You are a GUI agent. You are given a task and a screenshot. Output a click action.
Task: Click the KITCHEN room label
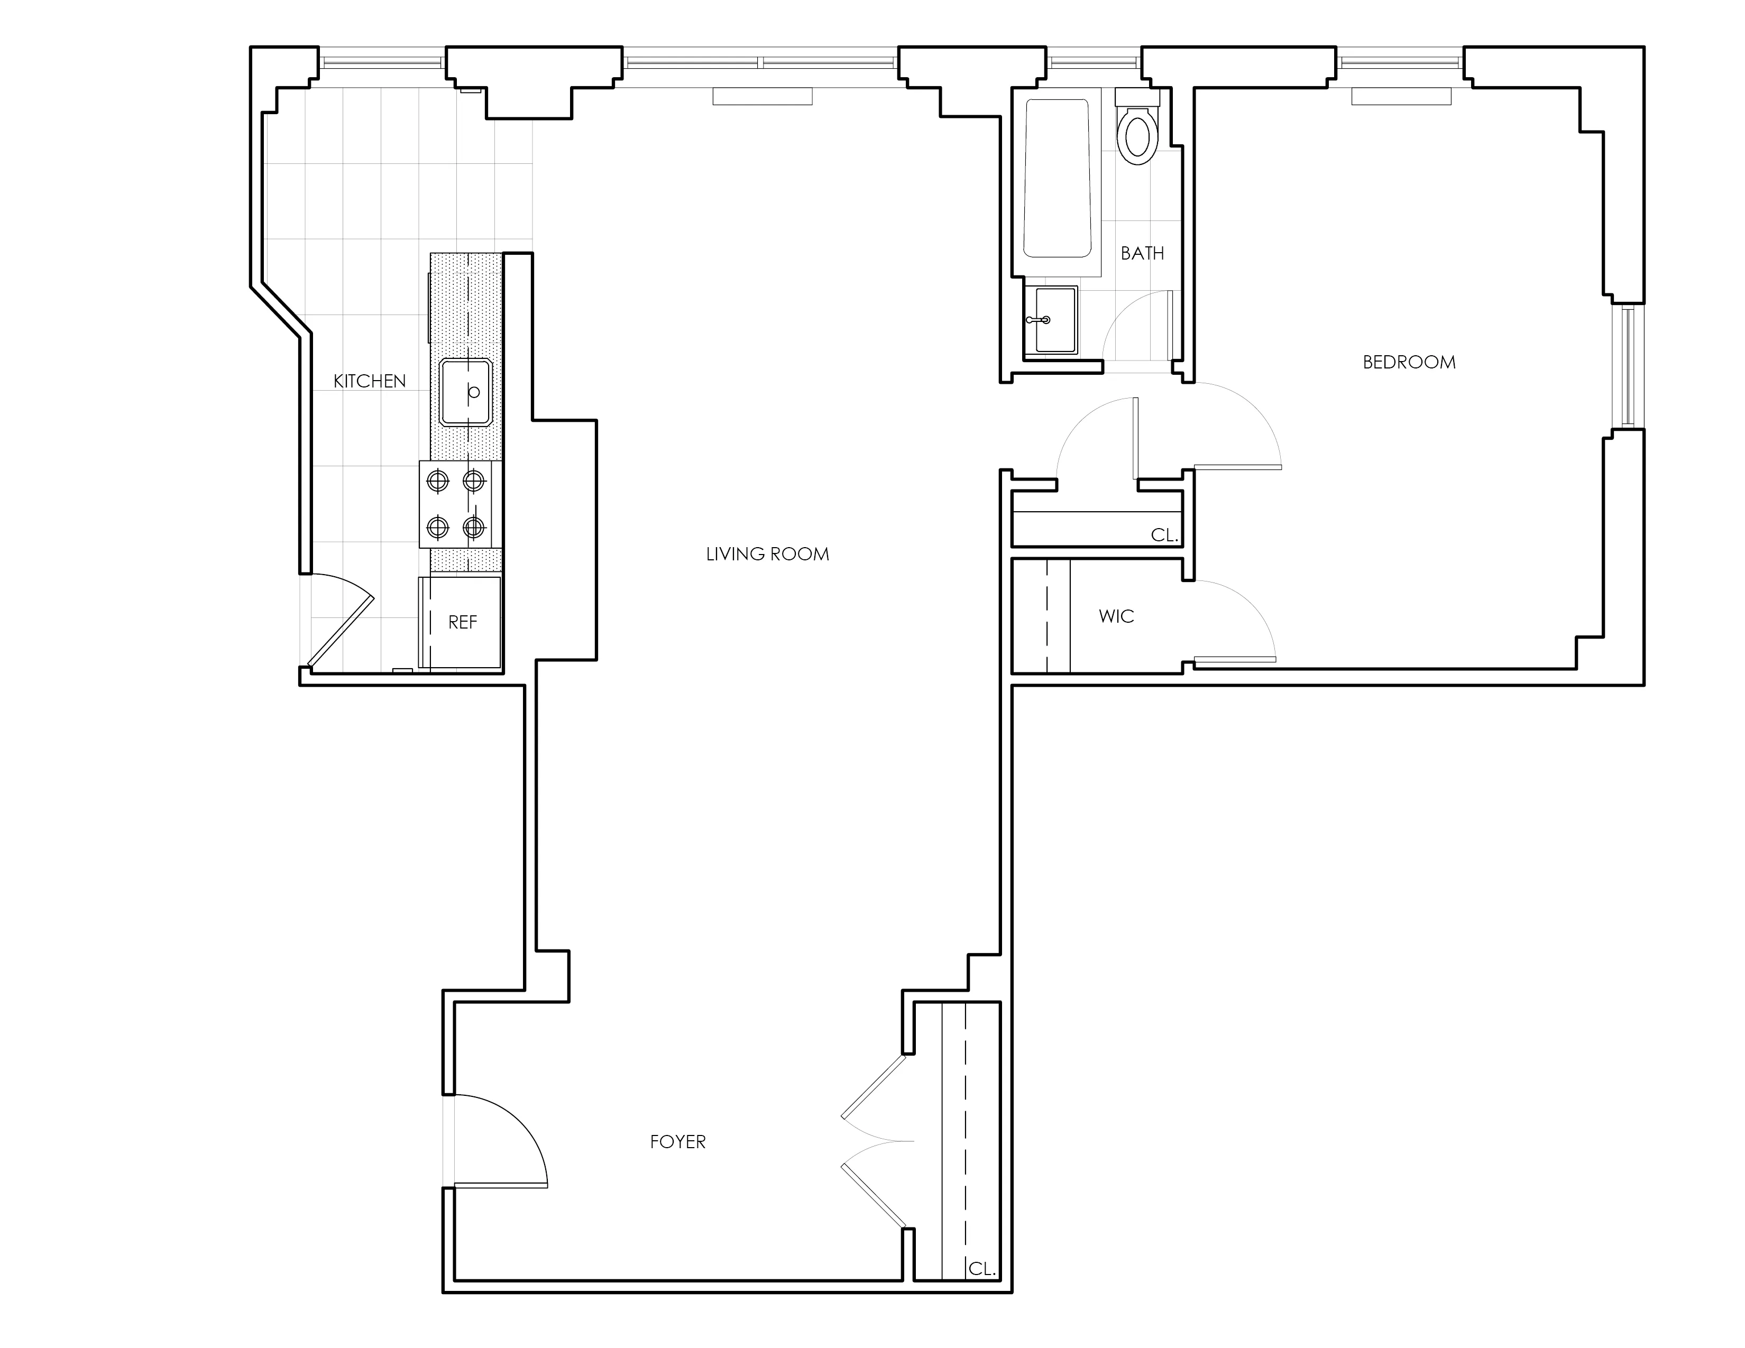pyautogui.click(x=369, y=381)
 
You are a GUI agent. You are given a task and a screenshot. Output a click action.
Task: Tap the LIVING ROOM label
pyautogui.click(x=767, y=554)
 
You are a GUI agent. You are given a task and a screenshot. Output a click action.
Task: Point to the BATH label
pyautogui.click(x=1142, y=253)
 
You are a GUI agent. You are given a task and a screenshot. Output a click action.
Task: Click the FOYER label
pyautogui.click(x=677, y=1142)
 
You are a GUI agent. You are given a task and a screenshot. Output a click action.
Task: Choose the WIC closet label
pyautogui.click(x=1116, y=616)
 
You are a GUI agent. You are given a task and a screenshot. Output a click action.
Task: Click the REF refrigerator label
pyautogui.click(x=463, y=622)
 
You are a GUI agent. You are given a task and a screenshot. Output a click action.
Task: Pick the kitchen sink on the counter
pyautogui.click(x=466, y=392)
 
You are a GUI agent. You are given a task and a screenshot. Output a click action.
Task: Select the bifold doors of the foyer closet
pyautogui.click(x=875, y=1142)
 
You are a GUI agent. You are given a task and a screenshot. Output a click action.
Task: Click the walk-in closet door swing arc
pyautogui.click(x=1246, y=611)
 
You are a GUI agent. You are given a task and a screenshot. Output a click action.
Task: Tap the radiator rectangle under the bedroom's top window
pyautogui.click(x=1401, y=97)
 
